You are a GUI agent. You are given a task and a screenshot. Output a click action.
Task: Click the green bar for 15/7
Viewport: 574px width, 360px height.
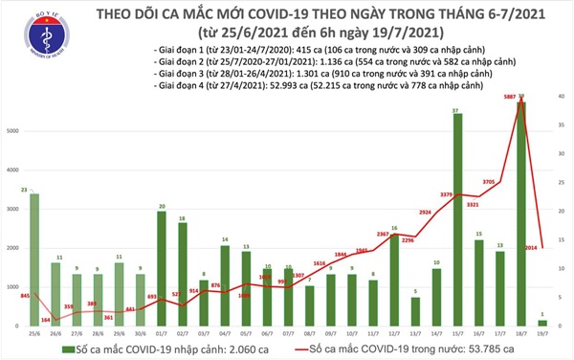click(x=457, y=220)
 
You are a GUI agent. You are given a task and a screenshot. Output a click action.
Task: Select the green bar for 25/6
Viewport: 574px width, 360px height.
click(x=35, y=259)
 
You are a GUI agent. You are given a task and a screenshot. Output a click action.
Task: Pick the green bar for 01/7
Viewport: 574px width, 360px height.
click(x=164, y=269)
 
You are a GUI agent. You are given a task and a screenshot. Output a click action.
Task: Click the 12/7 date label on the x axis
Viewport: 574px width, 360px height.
click(x=393, y=335)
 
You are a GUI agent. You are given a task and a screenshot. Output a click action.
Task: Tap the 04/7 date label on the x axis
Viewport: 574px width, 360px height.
click(x=225, y=335)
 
